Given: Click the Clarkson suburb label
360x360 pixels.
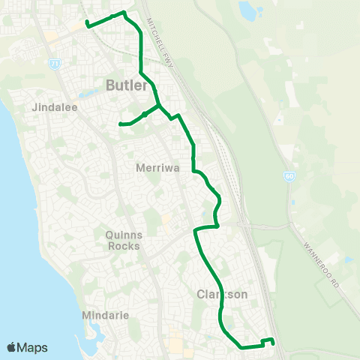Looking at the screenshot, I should coord(222,295).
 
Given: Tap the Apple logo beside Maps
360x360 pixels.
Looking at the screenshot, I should coord(13,347).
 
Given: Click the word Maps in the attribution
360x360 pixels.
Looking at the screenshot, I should coord(33,347).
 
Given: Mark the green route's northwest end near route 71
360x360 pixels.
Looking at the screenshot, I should coord(88,25).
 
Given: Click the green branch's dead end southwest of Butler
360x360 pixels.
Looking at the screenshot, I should coord(120,124).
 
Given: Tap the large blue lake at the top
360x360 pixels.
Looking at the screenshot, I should coord(247,10).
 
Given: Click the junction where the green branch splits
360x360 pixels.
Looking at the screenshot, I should coord(158,106).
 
